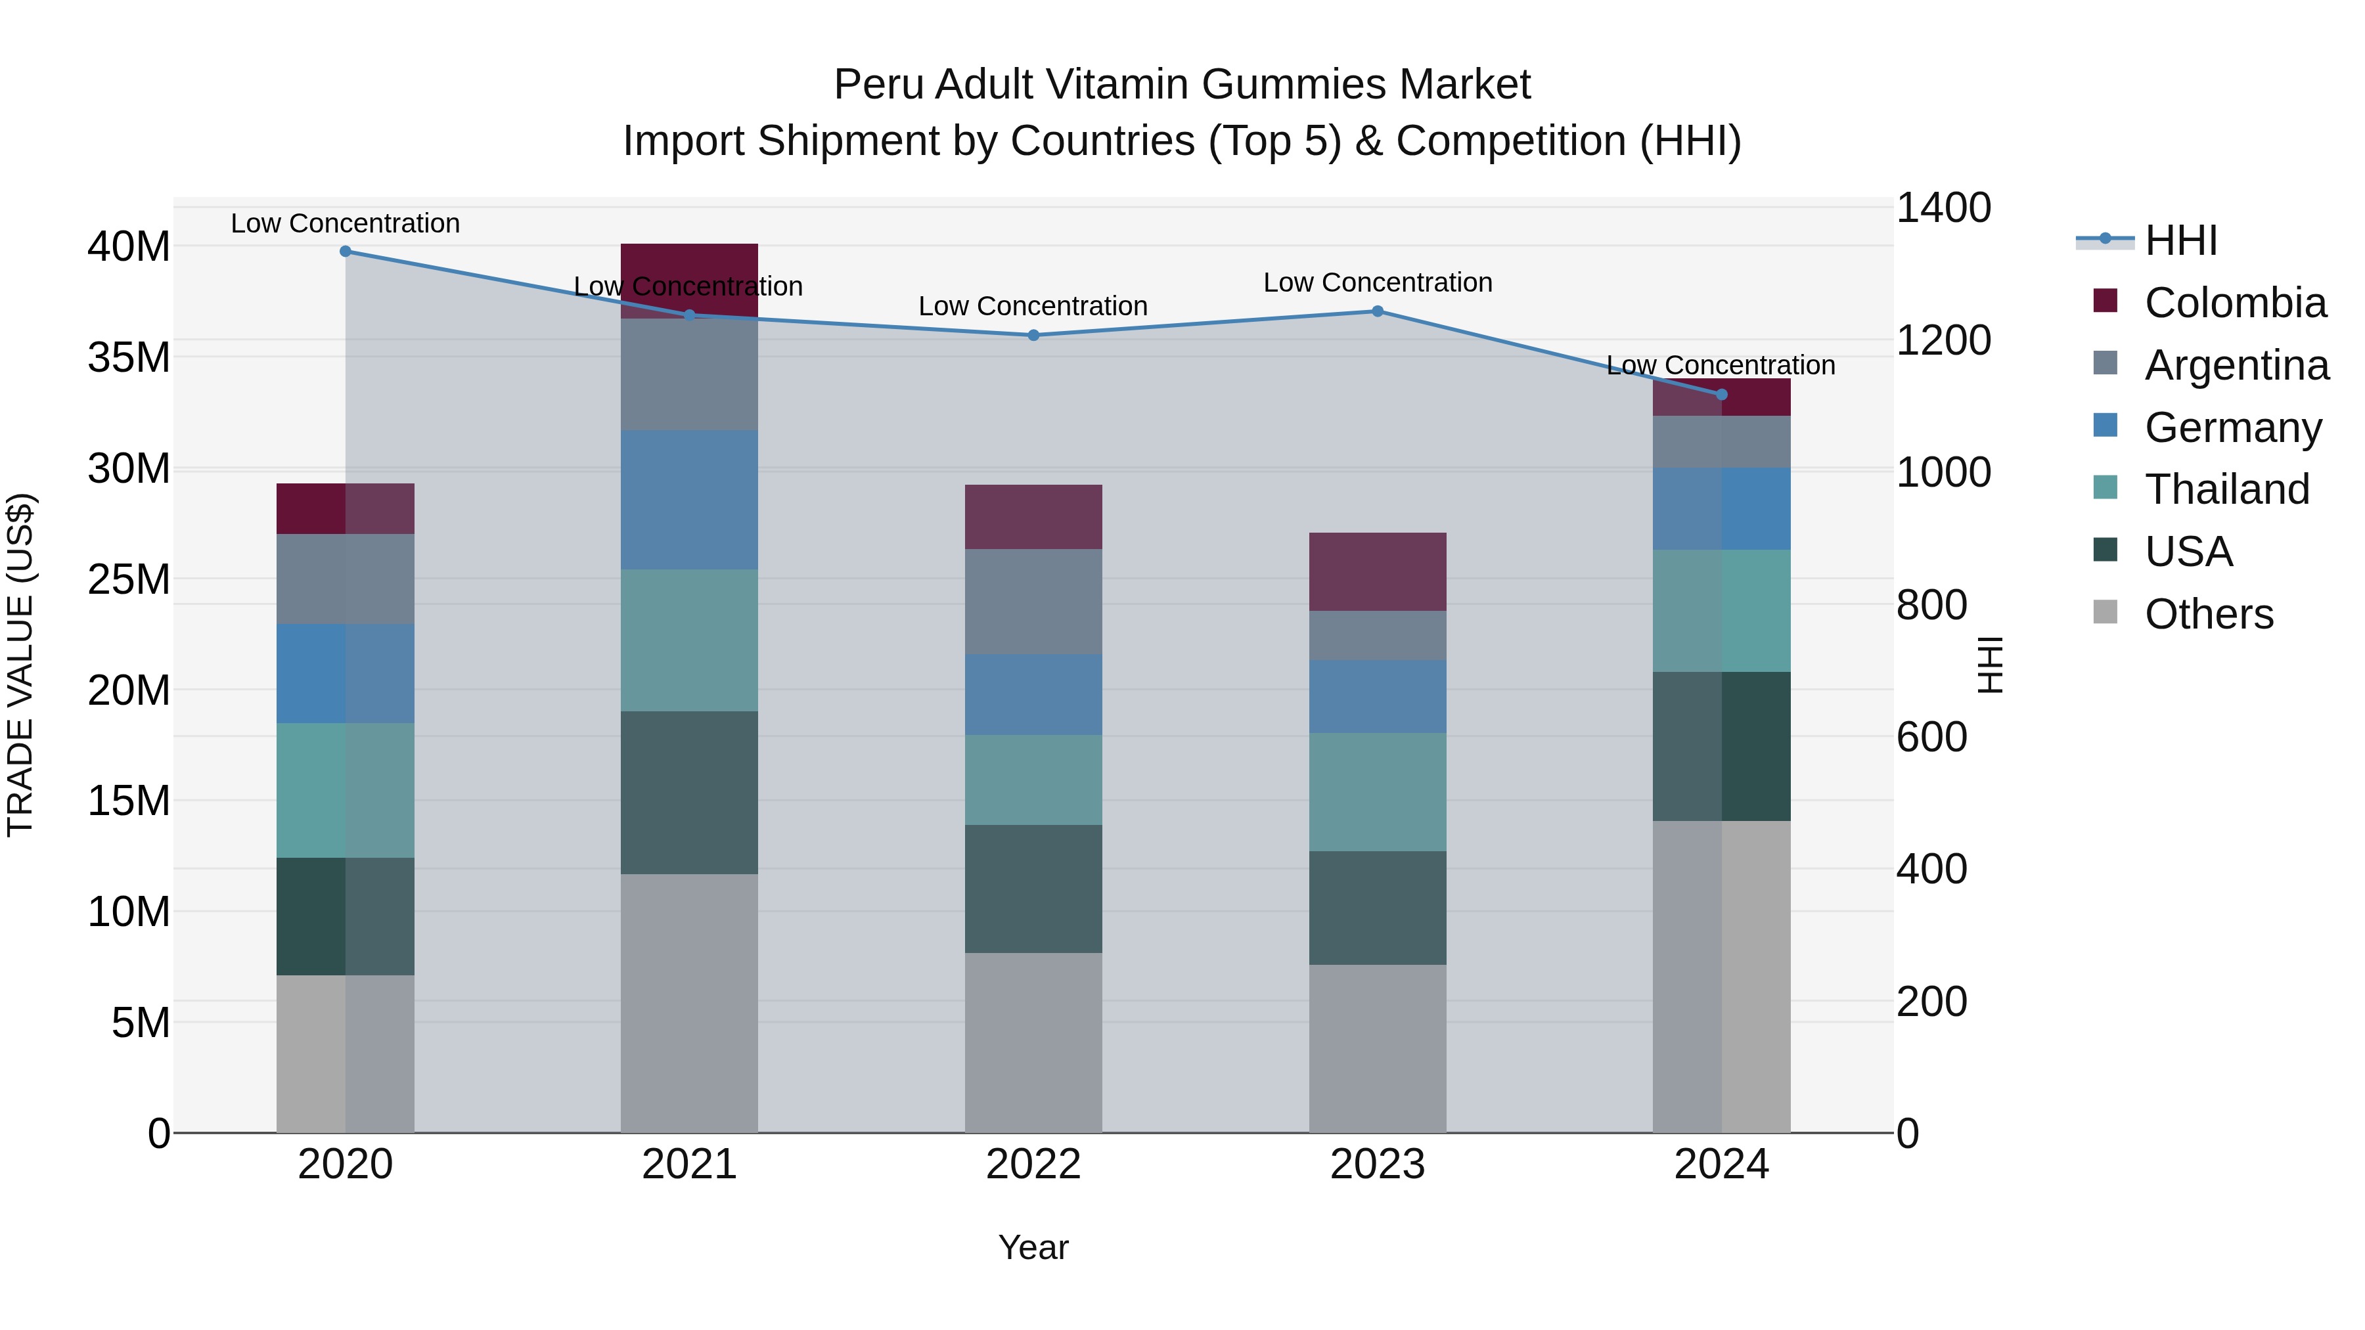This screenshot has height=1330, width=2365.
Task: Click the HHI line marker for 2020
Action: (345, 252)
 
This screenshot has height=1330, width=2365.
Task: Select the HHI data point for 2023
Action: (1377, 311)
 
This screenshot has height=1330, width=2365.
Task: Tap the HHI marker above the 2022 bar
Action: (1033, 335)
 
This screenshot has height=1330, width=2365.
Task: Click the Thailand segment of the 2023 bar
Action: (1377, 791)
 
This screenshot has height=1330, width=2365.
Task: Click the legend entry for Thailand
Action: (2226, 489)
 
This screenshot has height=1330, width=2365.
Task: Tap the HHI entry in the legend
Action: (2180, 240)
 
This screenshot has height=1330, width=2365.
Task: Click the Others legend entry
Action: (2208, 614)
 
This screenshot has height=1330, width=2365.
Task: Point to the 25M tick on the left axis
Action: (129, 579)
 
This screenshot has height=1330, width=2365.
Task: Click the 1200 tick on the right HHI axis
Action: (1943, 340)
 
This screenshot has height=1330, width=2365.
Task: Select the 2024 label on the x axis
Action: (1721, 1164)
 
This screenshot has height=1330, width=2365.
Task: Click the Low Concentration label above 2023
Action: (1377, 282)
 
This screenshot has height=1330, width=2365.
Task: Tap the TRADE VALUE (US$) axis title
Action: (20, 665)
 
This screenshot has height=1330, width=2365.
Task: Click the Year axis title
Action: (1033, 1247)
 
